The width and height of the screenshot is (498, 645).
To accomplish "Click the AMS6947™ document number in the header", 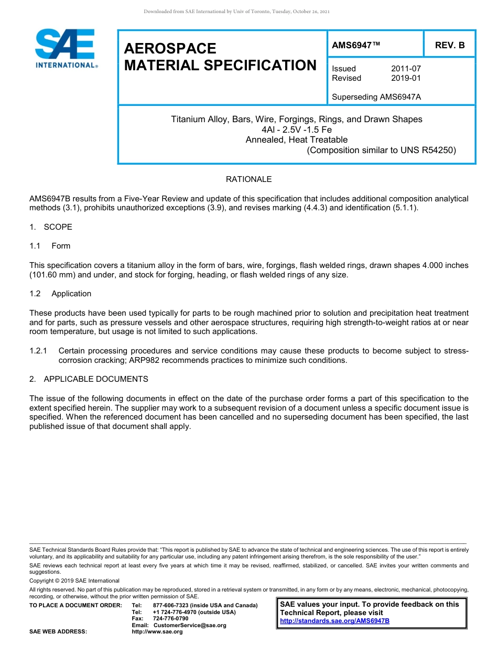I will pos(356,45).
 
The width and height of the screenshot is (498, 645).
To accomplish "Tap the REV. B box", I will pos(449,45).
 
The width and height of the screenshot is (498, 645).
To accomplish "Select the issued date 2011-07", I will pos(406,69).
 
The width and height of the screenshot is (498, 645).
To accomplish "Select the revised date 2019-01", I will pos(406,78).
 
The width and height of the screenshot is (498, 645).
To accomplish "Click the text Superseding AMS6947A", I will pos(376,97).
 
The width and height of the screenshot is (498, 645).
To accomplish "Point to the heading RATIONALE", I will pos(248,179).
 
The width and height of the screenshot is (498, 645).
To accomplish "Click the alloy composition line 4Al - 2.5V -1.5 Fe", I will pos(296,130).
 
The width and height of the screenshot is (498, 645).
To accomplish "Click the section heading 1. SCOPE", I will pos(51,227).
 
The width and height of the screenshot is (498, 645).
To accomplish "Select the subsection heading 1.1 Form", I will pos(50,246).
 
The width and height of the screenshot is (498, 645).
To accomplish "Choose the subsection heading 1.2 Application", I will pos(61,294).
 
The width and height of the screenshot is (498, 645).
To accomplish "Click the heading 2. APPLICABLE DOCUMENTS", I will pos(89,379).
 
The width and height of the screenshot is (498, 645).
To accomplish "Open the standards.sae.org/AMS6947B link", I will pos(334,621).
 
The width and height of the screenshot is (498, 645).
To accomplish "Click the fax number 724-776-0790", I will pos(170,619).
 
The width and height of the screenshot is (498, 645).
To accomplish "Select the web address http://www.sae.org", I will pos(157,632).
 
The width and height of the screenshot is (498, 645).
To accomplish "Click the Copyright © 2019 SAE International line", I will pos(74,580).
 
